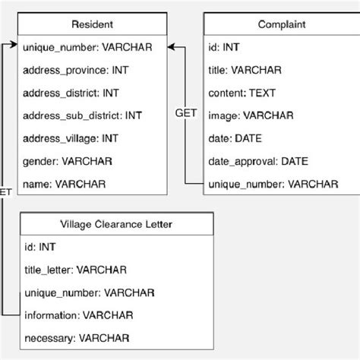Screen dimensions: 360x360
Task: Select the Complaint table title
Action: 280,24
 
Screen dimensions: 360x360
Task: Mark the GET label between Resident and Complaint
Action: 185,113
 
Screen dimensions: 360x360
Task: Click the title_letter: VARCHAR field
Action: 74,270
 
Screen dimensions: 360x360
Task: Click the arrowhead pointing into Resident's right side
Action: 174,47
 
